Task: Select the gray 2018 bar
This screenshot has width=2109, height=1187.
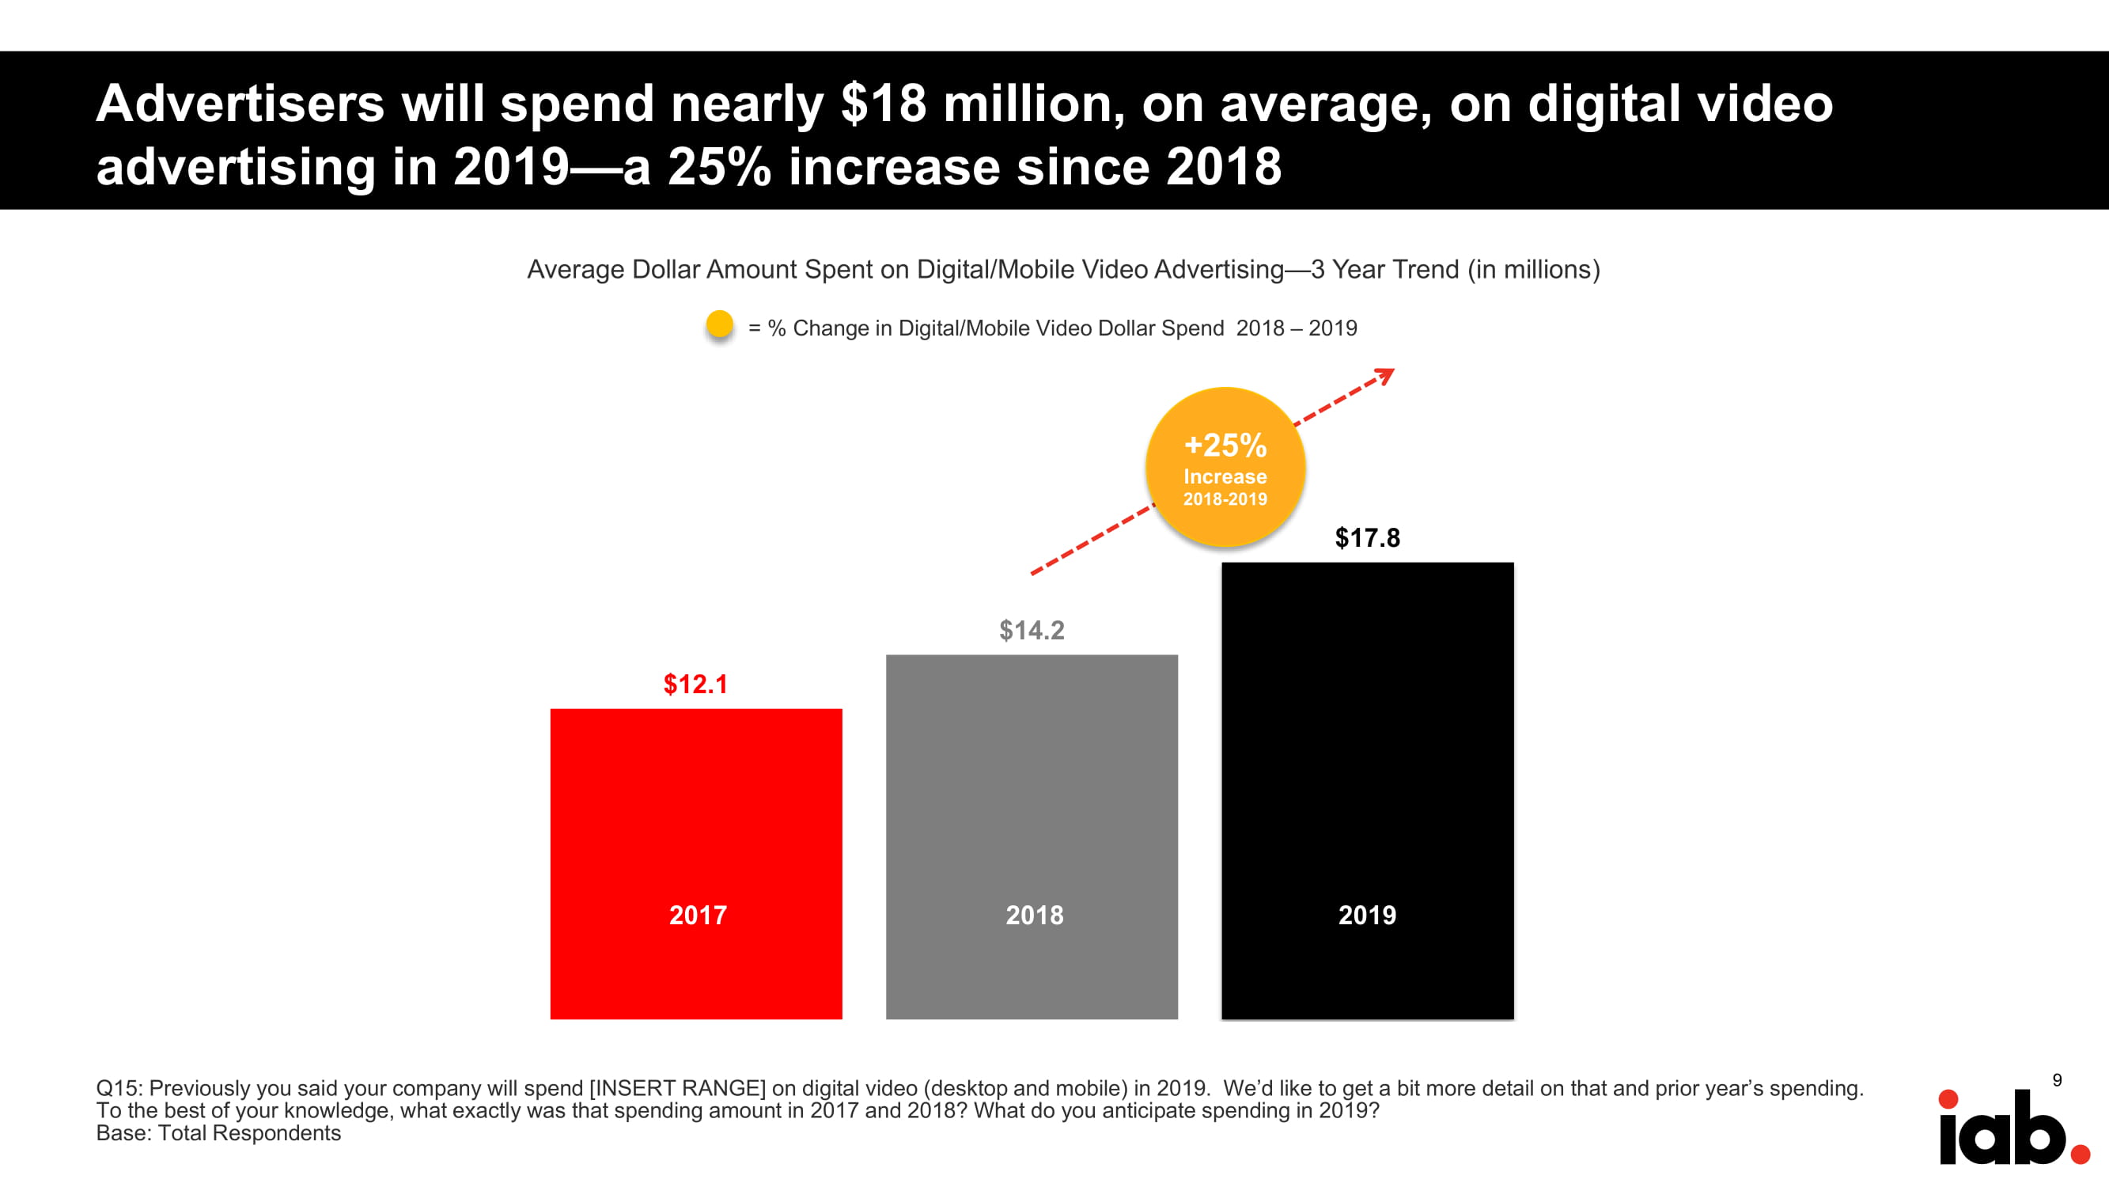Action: [x=1032, y=787]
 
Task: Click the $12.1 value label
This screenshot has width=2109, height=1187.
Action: [x=695, y=684]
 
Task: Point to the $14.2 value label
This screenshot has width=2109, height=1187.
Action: [x=1032, y=630]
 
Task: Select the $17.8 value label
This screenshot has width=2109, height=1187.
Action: [x=1367, y=537]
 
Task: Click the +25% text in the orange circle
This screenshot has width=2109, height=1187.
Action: [x=1225, y=446]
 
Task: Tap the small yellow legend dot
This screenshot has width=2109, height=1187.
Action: [x=720, y=324]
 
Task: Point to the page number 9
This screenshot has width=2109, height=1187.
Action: [x=2057, y=1080]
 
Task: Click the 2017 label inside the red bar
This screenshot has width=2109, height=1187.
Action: [x=698, y=915]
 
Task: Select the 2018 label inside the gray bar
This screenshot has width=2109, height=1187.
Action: [x=1034, y=915]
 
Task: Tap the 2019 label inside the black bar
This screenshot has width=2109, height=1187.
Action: [x=1367, y=915]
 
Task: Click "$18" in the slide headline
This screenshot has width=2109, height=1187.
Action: [x=884, y=104]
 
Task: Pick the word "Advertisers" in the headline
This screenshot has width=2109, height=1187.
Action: [x=240, y=104]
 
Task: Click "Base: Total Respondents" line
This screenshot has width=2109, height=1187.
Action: [x=218, y=1133]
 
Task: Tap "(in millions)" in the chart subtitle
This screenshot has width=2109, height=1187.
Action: [x=1532, y=269]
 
